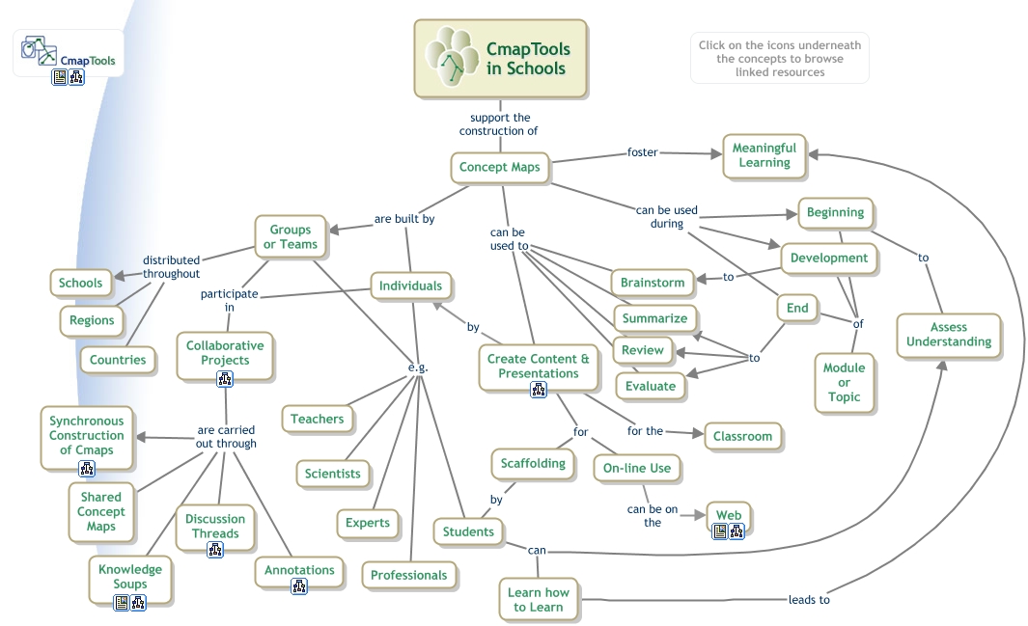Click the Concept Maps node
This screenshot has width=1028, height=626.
[x=499, y=168]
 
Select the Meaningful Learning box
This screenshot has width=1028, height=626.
[x=764, y=155]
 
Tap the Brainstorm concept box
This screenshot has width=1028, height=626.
[x=653, y=283]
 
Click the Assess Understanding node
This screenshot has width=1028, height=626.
[x=948, y=335]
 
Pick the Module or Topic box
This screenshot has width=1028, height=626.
[x=844, y=382]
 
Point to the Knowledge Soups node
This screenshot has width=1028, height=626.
[x=130, y=576]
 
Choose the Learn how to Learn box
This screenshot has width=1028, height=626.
[x=539, y=599]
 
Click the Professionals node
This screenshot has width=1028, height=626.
[x=409, y=575]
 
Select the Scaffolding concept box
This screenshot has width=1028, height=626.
[x=533, y=463]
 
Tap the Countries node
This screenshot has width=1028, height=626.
[x=118, y=360]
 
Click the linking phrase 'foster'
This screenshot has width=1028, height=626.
[x=643, y=151]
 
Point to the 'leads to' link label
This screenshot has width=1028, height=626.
[x=809, y=599]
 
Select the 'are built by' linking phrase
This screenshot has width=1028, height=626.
[x=404, y=219]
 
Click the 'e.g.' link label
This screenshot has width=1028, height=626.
[x=418, y=367]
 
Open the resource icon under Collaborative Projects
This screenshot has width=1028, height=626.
[x=225, y=379]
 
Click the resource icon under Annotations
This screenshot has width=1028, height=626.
[x=299, y=585]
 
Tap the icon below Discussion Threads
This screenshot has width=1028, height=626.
[x=215, y=550]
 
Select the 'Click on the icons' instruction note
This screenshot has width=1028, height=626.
[x=779, y=58]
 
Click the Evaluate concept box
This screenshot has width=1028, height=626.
[x=650, y=386]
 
